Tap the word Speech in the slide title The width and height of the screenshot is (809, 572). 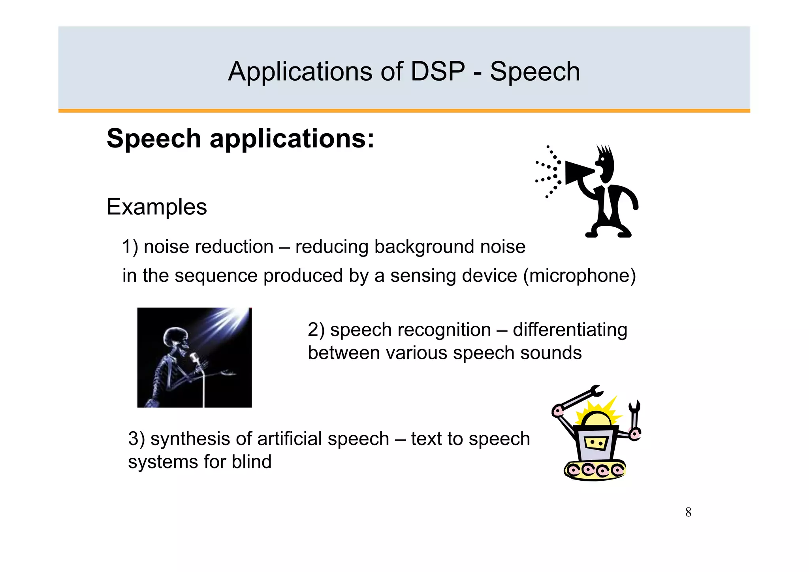pyautogui.click(x=535, y=72)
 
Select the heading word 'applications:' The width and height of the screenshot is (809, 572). pyautogui.click(x=292, y=140)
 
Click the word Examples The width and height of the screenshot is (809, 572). pyautogui.click(x=157, y=207)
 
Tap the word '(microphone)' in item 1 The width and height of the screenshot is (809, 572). pyautogui.click(x=579, y=276)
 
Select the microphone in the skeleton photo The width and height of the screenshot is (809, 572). pyautogui.click(x=194, y=358)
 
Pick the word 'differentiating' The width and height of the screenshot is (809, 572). pyautogui.click(x=570, y=330)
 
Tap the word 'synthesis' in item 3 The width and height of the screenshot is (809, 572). pyautogui.click(x=190, y=439)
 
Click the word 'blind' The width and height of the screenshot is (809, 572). pyautogui.click(x=252, y=462)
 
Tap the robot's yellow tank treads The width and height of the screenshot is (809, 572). pyautogui.click(x=595, y=470)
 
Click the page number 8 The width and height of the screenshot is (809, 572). pyautogui.click(x=688, y=512)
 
